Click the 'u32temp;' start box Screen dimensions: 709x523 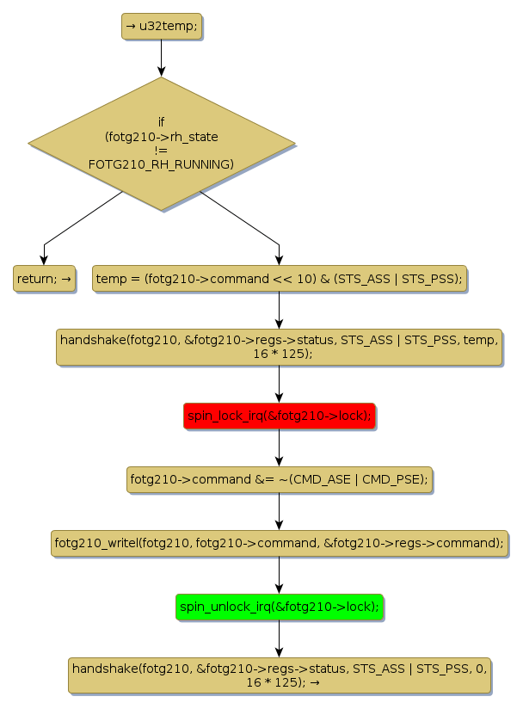click(x=162, y=27)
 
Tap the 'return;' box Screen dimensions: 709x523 click(x=44, y=279)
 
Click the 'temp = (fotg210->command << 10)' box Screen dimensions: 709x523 click(x=279, y=279)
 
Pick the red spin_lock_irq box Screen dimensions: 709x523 click(x=279, y=416)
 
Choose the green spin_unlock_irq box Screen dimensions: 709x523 click(x=279, y=607)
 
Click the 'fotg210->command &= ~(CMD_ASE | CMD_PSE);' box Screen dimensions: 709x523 click(x=279, y=479)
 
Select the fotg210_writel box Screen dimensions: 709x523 click(x=279, y=543)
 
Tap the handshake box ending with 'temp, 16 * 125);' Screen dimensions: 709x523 click(x=279, y=347)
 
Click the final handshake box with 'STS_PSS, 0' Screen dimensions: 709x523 click(x=279, y=675)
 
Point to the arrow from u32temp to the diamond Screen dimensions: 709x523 click(x=162, y=58)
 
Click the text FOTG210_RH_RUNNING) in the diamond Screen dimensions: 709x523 click(x=162, y=163)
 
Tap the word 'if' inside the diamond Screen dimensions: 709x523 click(x=162, y=122)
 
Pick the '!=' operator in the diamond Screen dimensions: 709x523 click(x=162, y=150)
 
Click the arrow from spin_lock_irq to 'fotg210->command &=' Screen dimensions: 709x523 click(x=279, y=448)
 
